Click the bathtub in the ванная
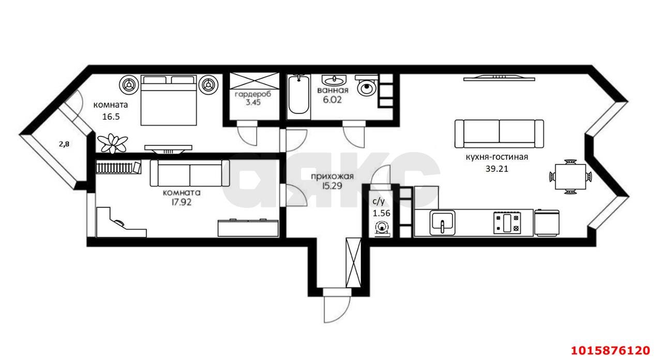299,95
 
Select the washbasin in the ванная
334,80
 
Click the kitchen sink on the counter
442,222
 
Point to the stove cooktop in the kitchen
507,222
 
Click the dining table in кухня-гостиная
570,177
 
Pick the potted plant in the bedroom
113,143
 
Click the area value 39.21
497,169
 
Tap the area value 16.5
111,117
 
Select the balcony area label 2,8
64,144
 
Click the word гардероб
253,95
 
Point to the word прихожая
332,176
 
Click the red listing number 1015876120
610,351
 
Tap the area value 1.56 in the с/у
381,213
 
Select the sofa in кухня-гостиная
499,133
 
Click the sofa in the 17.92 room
190,173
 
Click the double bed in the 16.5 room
169,100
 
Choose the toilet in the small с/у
382,229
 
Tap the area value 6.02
332,100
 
